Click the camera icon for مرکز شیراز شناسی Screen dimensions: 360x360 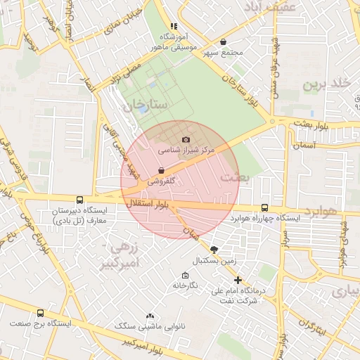point(186,140)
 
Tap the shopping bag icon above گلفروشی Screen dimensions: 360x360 point(162,170)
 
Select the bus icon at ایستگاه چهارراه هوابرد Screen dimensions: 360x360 point(264,207)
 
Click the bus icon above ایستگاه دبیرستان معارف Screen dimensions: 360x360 point(79,200)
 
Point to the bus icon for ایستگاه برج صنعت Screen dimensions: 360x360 point(40,313)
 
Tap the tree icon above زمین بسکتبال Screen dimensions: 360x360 point(214,249)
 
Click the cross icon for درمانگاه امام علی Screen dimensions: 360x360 point(238,280)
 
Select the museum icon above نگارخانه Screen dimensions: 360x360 point(185,276)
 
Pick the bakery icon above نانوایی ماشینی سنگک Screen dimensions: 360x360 point(150,316)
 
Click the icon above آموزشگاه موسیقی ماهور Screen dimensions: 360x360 point(174,26)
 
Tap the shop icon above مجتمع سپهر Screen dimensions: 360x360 point(224,42)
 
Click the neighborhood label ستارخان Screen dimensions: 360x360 point(145,105)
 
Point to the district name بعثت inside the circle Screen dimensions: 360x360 point(235,177)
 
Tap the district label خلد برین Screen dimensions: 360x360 point(326,84)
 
